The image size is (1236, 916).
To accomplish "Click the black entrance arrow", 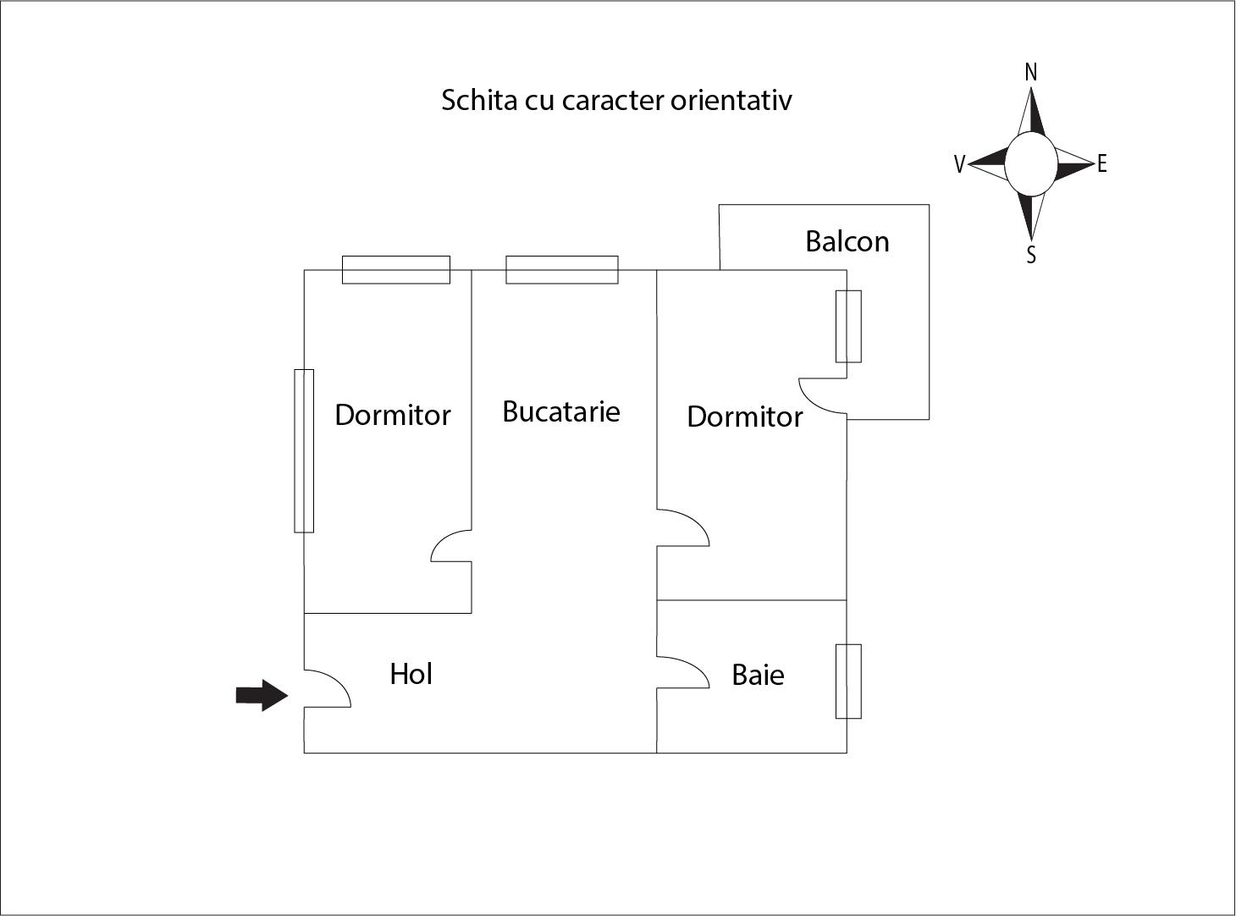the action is click(x=262, y=695).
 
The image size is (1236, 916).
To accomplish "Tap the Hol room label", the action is click(x=411, y=674).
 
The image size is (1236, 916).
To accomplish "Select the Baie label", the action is click(x=758, y=675).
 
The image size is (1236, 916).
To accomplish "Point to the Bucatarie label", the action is click(x=561, y=411).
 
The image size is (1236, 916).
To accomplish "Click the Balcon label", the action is click(x=847, y=241).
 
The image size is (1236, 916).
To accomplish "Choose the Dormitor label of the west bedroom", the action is click(x=392, y=415).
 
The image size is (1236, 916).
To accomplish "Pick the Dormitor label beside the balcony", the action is click(x=744, y=417).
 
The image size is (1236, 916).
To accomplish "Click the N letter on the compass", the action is click(x=1031, y=73).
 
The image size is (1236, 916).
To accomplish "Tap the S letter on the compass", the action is click(x=1031, y=255).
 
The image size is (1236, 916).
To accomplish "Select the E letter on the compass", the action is click(x=1101, y=164).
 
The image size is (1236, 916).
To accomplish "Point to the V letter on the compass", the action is click(x=959, y=164).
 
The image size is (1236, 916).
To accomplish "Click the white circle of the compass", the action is click(x=1031, y=164).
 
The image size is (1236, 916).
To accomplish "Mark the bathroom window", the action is click(x=848, y=681).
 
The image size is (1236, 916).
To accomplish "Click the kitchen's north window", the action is click(x=562, y=270).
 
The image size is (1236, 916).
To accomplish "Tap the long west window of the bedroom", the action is click(x=304, y=450).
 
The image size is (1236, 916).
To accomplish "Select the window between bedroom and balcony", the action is click(x=848, y=326).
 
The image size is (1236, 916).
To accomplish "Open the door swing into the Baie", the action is click(x=683, y=672).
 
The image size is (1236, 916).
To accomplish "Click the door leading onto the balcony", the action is click(x=823, y=396).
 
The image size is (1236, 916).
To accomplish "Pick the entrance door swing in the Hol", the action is click(x=327, y=688).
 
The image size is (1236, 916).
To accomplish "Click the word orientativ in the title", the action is click(x=731, y=101).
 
